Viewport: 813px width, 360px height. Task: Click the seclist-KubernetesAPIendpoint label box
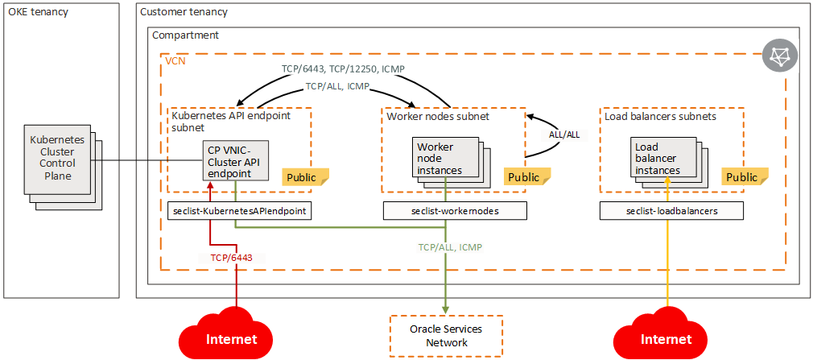tap(240, 210)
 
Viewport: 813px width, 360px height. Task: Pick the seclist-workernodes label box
tap(454, 211)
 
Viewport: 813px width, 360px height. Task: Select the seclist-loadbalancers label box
tap(671, 211)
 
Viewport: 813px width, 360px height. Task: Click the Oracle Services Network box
tap(445, 336)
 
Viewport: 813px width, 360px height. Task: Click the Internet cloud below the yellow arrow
tap(666, 336)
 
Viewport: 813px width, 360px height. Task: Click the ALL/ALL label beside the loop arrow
tap(563, 134)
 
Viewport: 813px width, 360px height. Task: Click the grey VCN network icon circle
tap(779, 56)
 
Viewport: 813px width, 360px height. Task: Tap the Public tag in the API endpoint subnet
tap(305, 176)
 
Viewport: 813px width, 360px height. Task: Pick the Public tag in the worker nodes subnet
tap(524, 177)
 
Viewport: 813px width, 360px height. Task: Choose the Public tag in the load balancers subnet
tap(741, 177)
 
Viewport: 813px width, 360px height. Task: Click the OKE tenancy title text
tap(39, 12)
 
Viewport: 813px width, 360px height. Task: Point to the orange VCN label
tap(175, 61)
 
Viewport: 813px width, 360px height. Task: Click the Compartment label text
tap(185, 35)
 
